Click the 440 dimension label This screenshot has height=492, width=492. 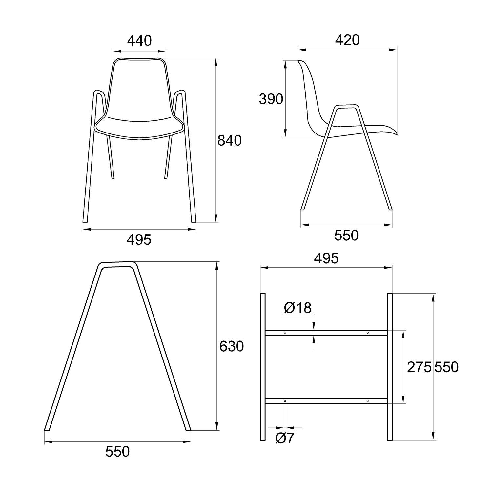point(139,41)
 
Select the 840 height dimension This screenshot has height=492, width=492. point(230,140)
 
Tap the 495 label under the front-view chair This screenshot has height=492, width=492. point(139,240)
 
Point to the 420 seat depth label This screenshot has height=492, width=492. point(347,40)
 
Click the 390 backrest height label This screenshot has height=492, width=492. point(271,99)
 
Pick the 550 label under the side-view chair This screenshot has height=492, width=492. point(346,236)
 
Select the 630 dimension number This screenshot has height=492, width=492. point(232,346)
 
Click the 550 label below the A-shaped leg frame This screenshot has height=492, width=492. point(117,452)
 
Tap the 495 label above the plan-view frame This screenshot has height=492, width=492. point(326,259)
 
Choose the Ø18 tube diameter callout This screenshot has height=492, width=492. point(298,308)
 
